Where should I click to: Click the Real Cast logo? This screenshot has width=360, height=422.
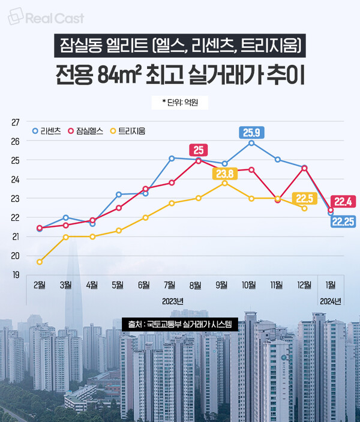(46, 18)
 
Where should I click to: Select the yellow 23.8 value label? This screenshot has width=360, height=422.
(223, 174)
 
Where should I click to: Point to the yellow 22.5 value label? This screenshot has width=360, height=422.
(304, 199)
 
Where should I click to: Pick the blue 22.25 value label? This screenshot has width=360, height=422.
(343, 222)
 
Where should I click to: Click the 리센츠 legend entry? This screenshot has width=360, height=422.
(47, 130)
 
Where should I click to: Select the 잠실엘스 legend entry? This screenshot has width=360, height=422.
(86, 130)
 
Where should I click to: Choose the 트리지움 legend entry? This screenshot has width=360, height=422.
(127, 130)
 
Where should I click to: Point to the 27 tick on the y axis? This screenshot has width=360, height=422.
(15, 122)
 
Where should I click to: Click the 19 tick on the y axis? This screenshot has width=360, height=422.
(15, 275)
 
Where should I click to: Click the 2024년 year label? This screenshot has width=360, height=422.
(330, 300)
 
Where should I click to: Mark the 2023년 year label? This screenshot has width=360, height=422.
(172, 300)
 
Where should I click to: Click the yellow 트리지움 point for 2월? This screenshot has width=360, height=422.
(40, 262)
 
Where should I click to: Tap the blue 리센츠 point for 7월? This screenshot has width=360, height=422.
(172, 158)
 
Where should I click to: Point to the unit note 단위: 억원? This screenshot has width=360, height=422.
(179, 103)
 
